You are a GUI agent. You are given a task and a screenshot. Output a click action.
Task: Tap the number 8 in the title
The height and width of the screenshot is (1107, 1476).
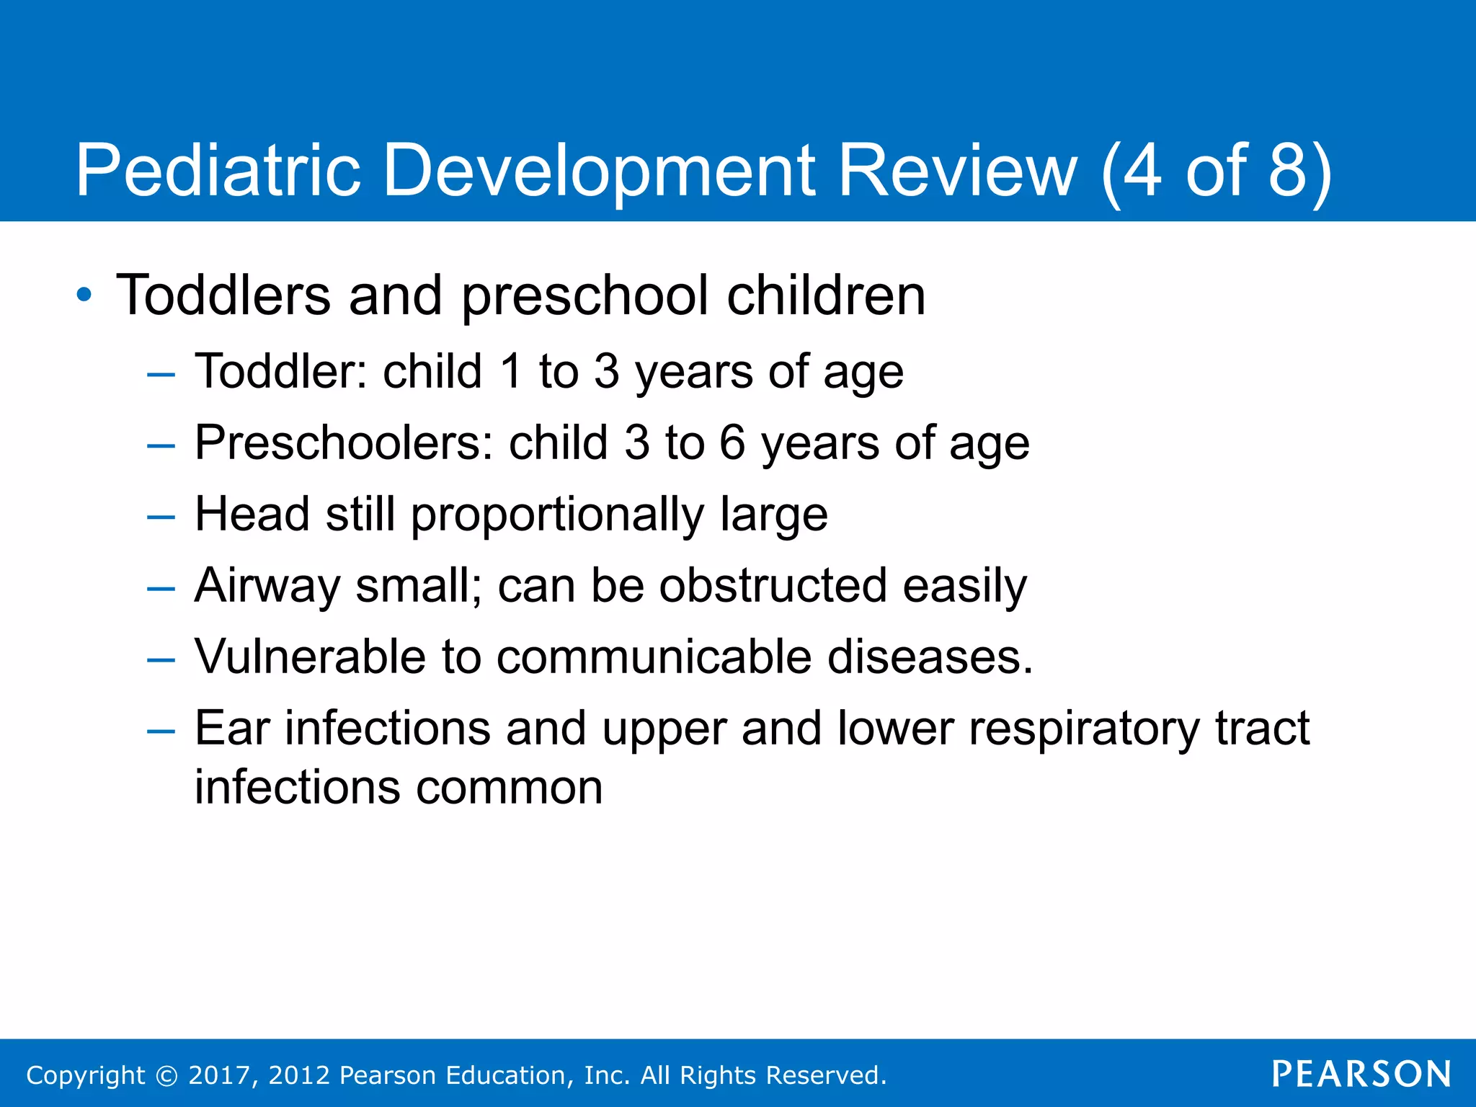(1287, 171)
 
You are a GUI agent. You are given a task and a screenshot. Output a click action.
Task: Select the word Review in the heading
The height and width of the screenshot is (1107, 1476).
(958, 171)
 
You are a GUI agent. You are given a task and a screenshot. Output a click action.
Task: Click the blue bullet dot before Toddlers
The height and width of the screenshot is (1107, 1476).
(84, 295)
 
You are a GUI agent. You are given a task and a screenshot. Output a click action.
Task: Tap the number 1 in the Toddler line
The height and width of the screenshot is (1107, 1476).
(511, 372)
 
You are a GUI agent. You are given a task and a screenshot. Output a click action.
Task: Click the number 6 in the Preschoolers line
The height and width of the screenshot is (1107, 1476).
(732, 443)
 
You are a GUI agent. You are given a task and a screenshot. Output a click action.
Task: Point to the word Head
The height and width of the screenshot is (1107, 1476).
(252, 514)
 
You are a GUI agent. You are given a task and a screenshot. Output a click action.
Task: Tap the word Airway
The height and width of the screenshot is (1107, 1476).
(267, 587)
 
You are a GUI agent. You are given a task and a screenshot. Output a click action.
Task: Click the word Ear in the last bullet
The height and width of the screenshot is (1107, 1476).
(232, 728)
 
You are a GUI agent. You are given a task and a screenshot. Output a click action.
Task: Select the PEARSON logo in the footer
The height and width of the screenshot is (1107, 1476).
(1361, 1075)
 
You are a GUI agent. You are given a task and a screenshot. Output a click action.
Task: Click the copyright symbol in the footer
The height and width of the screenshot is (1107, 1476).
(166, 1076)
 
